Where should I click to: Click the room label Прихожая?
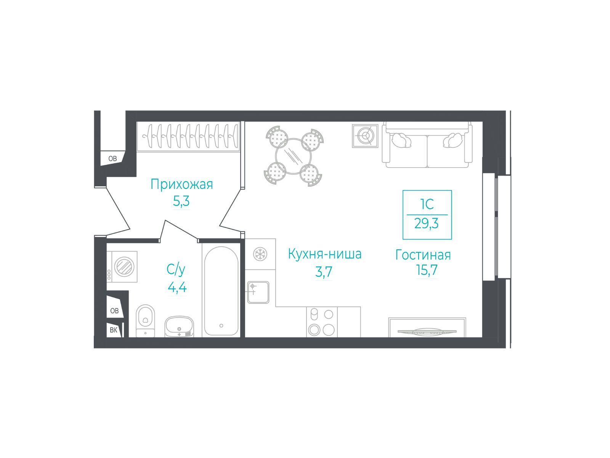point(181,185)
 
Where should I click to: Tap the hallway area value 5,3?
point(181,201)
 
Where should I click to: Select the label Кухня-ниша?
point(324,254)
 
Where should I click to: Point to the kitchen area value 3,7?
point(324,271)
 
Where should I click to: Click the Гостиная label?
point(423,255)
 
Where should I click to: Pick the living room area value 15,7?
point(427,270)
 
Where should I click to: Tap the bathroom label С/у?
point(176,269)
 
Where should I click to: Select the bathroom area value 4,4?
point(177,287)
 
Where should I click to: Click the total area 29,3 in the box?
point(426,223)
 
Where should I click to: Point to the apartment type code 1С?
point(427,205)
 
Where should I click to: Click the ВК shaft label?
point(113,330)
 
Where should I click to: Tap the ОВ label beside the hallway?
point(112,158)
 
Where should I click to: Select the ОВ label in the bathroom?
point(114,311)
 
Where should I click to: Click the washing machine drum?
point(125,267)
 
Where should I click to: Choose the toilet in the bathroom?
point(145,321)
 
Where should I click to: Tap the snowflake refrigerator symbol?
point(260,254)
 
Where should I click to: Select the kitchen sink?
point(258,292)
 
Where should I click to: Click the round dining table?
point(293,156)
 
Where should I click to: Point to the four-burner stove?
point(322,322)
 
